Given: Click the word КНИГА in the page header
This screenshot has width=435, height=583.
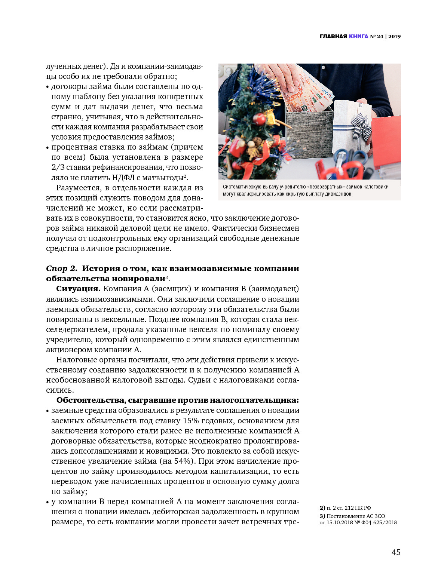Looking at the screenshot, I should coord(358,36).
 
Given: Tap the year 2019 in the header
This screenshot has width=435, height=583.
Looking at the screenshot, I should coord(394,36).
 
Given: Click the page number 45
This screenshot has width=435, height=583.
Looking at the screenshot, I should coord(396,552).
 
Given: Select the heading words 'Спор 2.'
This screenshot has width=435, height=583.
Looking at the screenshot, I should coord(62,269).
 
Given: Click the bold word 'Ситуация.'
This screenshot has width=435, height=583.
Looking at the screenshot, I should coord(78,289).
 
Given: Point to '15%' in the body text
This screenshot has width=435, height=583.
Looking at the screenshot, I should coord(191,421).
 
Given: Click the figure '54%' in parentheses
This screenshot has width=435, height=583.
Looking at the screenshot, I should coord(184,461).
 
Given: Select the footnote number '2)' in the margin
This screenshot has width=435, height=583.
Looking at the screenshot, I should coord(322,508).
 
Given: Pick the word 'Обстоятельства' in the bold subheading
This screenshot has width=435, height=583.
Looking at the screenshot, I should coord(91,400).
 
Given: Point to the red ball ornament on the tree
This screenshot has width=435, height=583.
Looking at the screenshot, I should coord(259,119).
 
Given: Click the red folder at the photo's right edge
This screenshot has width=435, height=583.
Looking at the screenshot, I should coord(387,142).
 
